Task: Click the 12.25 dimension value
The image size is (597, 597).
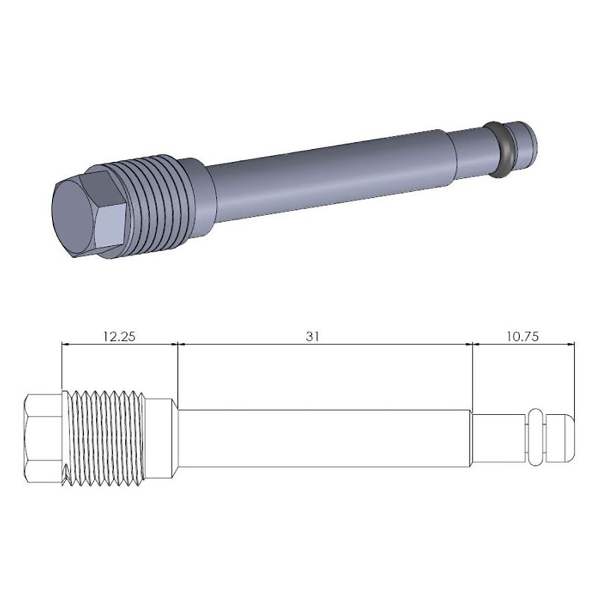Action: (118, 336)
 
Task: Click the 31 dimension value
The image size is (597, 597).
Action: (312, 336)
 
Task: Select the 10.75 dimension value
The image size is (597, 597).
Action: (523, 336)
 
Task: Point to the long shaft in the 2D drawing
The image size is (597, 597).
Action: (324, 438)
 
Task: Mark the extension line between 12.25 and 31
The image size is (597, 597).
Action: (177, 373)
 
